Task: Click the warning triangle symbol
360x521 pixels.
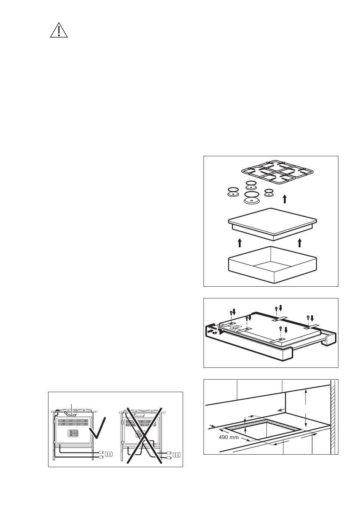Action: pyautogui.click(x=59, y=30)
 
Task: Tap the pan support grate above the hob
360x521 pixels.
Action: pyautogui.click(x=277, y=173)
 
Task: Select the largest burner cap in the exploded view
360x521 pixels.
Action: pyautogui.click(x=252, y=198)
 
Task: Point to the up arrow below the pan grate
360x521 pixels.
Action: pyautogui.click(x=285, y=199)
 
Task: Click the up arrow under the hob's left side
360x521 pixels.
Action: pyautogui.click(x=240, y=243)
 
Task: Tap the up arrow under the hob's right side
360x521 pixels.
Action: pyautogui.click(x=300, y=243)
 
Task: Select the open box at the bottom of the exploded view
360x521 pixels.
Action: pyautogui.click(x=272, y=265)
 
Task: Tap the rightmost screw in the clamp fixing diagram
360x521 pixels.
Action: pyautogui.click(x=308, y=317)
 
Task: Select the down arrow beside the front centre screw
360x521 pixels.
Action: pyautogui.click(x=286, y=330)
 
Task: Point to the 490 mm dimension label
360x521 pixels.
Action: pyautogui.click(x=229, y=438)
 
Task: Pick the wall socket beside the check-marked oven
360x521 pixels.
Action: pyautogui.click(x=109, y=454)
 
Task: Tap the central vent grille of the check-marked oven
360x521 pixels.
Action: pyautogui.click(x=73, y=433)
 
